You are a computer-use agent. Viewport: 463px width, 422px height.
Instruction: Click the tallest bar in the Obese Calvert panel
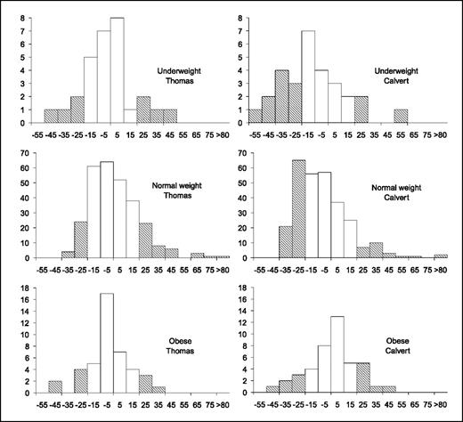(x=337, y=354)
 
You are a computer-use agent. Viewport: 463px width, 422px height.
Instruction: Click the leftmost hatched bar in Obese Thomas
(x=55, y=386)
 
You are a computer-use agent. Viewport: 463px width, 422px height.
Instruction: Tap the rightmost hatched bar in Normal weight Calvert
(x=442, y=256)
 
